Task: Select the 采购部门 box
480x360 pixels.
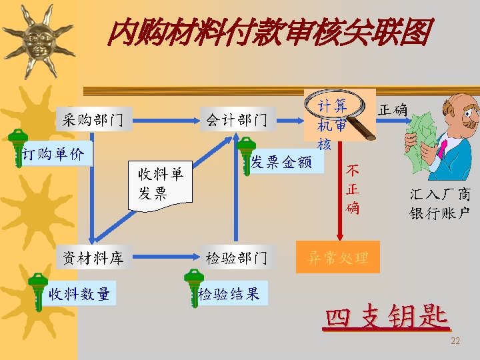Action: [x=93, y=120]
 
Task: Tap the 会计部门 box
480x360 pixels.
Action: [x=237, y=120]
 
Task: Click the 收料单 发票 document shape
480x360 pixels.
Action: [x=160, y=184]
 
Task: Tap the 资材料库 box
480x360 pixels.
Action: [x=93, y=258]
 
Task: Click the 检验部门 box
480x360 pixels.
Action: [x=237, y=258]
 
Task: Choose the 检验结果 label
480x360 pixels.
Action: [x=230, y=294]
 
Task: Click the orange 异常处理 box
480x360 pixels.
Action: [x=337, y=258]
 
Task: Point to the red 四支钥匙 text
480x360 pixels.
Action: [x=387, y=318]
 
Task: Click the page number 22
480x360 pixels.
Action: [x=455, y=341]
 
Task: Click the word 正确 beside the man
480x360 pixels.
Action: [x=393, y=109]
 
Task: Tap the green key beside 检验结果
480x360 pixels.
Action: [x=193, y=283]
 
